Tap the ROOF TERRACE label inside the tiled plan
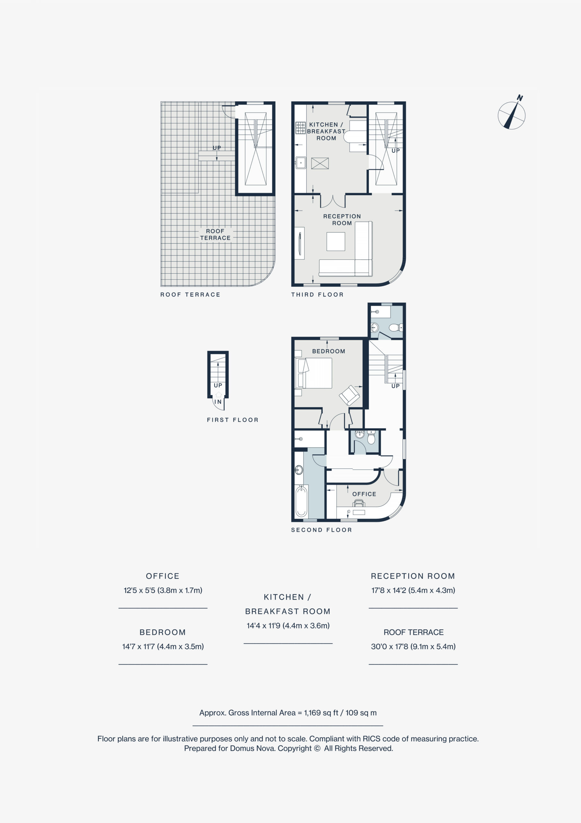point(215,234)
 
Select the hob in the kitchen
point(300,128)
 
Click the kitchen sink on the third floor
point(301,163)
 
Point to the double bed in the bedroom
point(313,373)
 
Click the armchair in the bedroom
point(349,395)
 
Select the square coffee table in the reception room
point(336,241)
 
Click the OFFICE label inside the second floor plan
point(364,494)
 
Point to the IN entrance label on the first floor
point(218,402)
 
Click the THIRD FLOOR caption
point(317,295)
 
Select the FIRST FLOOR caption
point(233,420)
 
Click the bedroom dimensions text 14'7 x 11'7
point(163,646)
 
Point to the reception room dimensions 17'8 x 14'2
point(413,590)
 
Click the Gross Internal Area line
point(288,713)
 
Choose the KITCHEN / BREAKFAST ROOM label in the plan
point(326,131)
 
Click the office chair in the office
point(359,502)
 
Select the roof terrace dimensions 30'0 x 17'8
point(413,646)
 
